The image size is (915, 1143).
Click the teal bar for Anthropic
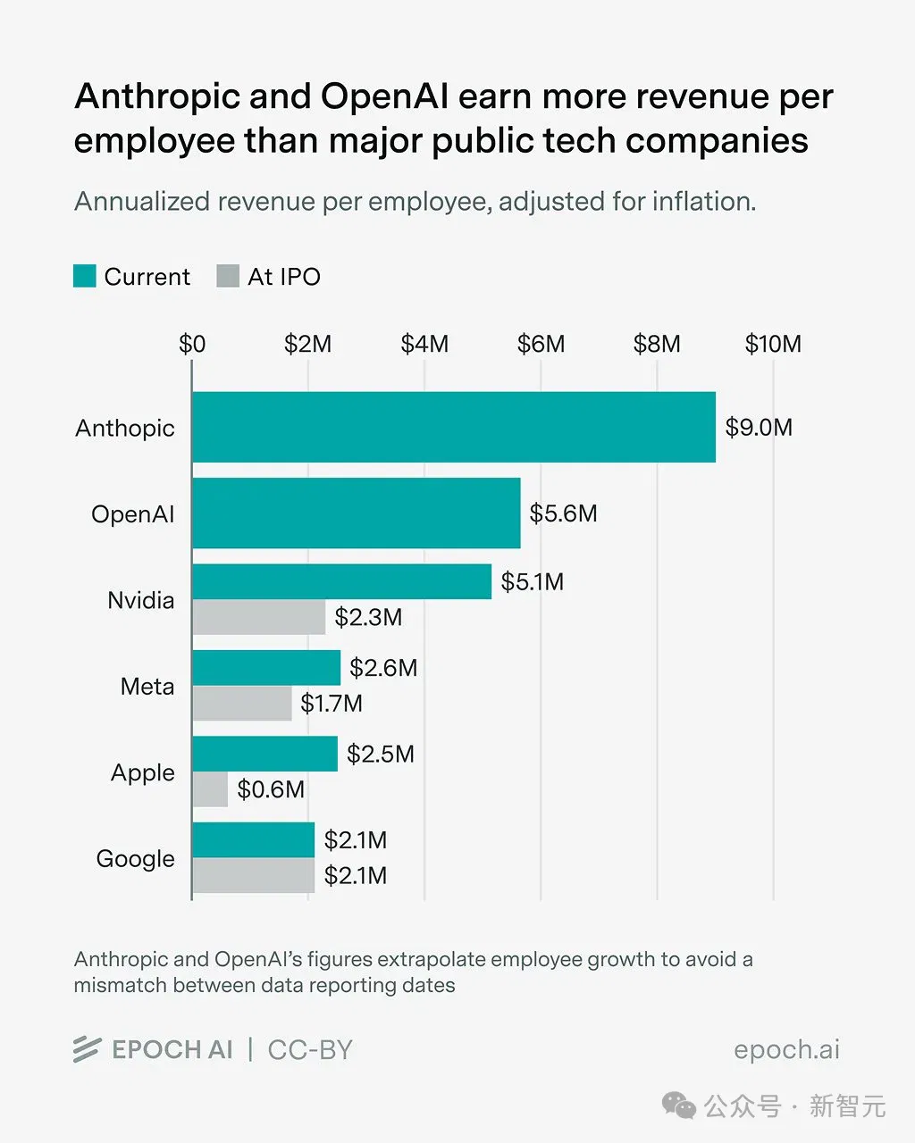tap(454, 427)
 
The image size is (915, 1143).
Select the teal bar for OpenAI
tap(357, 513)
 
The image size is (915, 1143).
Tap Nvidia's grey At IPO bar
tap(259, 617)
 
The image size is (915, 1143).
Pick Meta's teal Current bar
tap(266, 668)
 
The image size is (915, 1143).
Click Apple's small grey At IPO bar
tap(210, 789)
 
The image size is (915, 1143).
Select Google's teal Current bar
tap(254, 839)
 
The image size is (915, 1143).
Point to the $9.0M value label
tap(759, 428)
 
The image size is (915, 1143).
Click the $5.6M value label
tap(563, 513)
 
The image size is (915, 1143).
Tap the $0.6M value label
tap(271, 789)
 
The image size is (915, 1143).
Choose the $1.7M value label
tap(332, 704)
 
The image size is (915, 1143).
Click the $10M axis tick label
tap(773, 344)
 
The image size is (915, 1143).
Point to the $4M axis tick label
tap(424, 344)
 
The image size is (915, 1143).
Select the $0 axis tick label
tap(192, 344)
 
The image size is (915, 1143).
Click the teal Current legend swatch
tap(85, 276)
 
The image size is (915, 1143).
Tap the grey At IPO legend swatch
tap(228, 276)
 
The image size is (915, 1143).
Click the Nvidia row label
tap(141, 600)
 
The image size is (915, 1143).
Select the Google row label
tap(135, 859)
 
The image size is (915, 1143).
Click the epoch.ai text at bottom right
tap(786, 1050)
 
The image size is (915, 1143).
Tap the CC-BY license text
tap(310, 1050)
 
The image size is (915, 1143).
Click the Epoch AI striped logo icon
tap(88, 1049)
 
